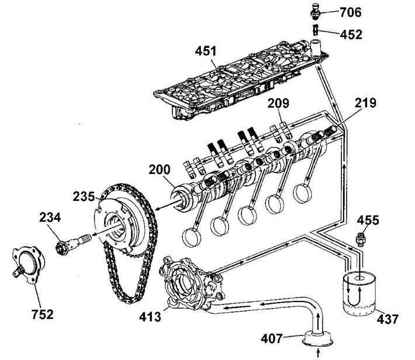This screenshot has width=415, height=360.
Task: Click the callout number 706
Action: coord(351,12)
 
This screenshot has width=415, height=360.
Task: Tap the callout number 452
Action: coord(351,34)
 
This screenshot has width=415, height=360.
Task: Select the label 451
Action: coord(206,51)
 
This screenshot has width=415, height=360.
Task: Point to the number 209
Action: coord(278,103)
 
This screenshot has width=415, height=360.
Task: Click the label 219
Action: coord(365,103)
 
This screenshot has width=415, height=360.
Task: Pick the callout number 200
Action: coord(160,169)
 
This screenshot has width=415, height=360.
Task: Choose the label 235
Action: coord(84,197)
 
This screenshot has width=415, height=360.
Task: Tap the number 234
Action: coord(50,217)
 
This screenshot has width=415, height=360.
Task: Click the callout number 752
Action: coord(42,314)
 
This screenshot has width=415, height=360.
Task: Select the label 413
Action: coord(150,317)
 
